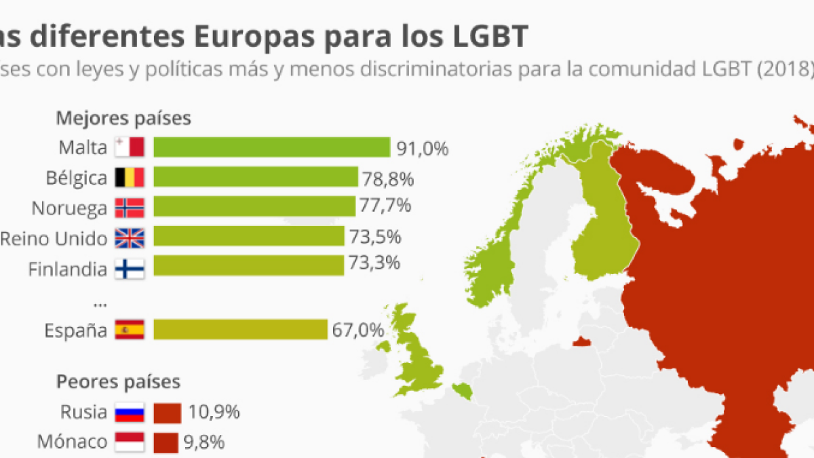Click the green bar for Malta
pos(271,147)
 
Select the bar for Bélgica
pos(255,177)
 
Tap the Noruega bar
pos(254,206)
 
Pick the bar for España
pos(240,330)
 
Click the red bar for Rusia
pos(168,412)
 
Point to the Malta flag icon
pos(129,147)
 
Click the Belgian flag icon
pos(129,177)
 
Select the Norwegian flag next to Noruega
pos(129,207)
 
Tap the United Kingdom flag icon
pos(129,237)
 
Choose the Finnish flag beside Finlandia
pos(129,269)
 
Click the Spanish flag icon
pos(129,330)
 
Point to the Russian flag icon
pos(129,412)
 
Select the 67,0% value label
pos(358,330)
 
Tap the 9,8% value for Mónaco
pos(204,442)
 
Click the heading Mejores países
pos(123,118)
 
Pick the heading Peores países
pos(118,381)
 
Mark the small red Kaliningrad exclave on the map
pos(581,341)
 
